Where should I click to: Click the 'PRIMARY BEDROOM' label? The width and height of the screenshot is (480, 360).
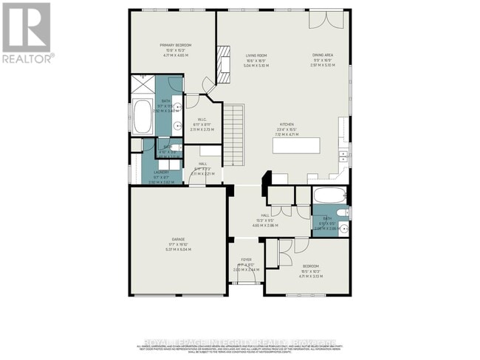tap(176, 45)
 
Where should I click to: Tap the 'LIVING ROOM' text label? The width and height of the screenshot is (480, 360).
tap(256, 55)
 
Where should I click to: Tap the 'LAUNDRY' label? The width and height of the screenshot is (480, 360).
tap(162, 173)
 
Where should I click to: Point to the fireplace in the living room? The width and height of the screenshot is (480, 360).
tap(223, 69)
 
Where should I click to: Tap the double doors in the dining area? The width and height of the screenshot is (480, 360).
tap(321, 19)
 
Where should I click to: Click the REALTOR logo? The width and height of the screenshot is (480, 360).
tap(27, 32)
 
